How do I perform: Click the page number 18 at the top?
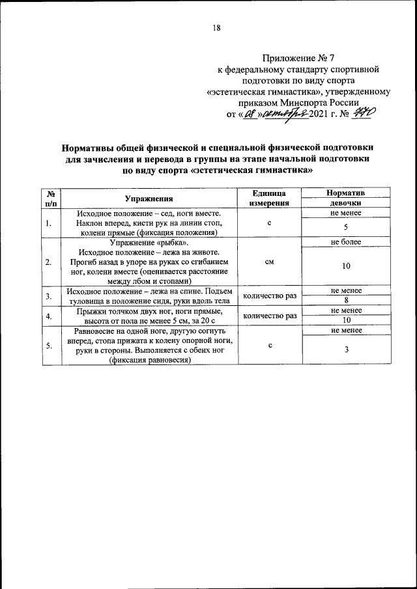[217, 27]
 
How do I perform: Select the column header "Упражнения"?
[149, 199]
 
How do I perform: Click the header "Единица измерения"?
[269, 199]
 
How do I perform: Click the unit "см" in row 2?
[269, 262]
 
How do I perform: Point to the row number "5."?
[49, 346]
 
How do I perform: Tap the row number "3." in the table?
[49, 297]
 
